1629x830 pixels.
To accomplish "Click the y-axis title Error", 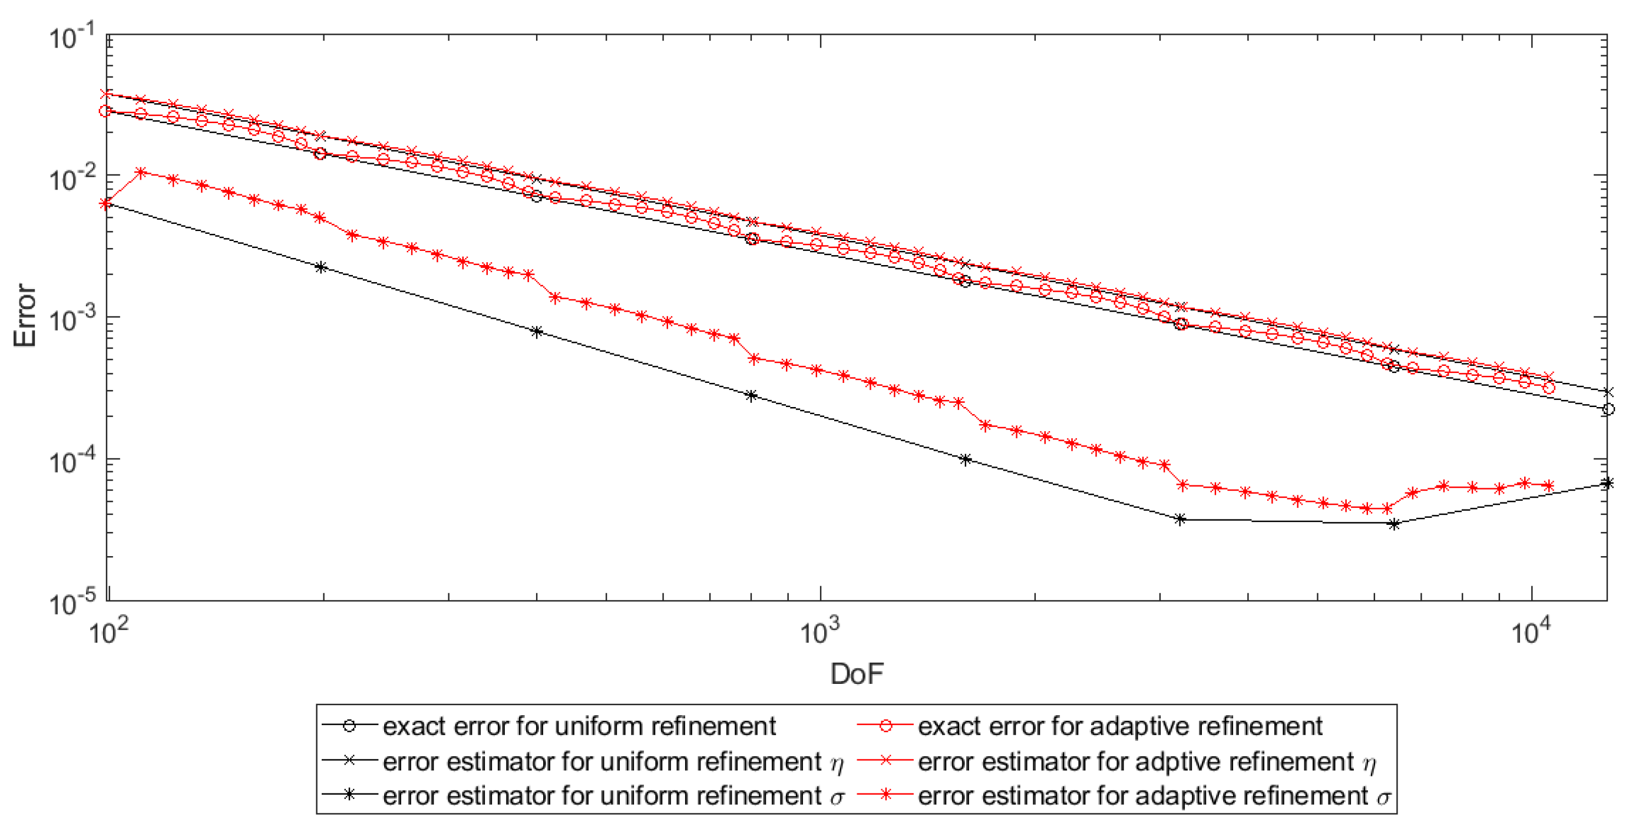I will click(25, 316).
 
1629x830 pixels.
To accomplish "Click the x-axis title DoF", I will click(856, 674).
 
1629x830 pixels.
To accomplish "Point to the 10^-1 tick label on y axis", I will click(71, 37).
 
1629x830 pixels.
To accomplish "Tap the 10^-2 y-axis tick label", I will click(71, 178).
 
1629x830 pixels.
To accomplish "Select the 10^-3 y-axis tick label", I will click(71, 320).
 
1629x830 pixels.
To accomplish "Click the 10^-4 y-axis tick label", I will click(71, 462).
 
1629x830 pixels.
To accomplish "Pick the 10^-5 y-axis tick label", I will click(71, 604).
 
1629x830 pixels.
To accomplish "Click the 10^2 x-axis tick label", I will click(108, 630).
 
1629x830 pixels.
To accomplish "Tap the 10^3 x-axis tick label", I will click(820, 630).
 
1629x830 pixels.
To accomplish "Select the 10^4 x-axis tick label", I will click(1531, 630).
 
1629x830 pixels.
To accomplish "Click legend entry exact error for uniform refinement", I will click(579, 726).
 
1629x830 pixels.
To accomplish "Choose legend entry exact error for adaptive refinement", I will click(1119, 726).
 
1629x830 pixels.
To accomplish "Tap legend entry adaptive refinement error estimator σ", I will click(1154, 796).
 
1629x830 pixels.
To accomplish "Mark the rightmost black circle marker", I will click(1609, 409).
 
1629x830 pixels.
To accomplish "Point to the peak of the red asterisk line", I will click(141, 173).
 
